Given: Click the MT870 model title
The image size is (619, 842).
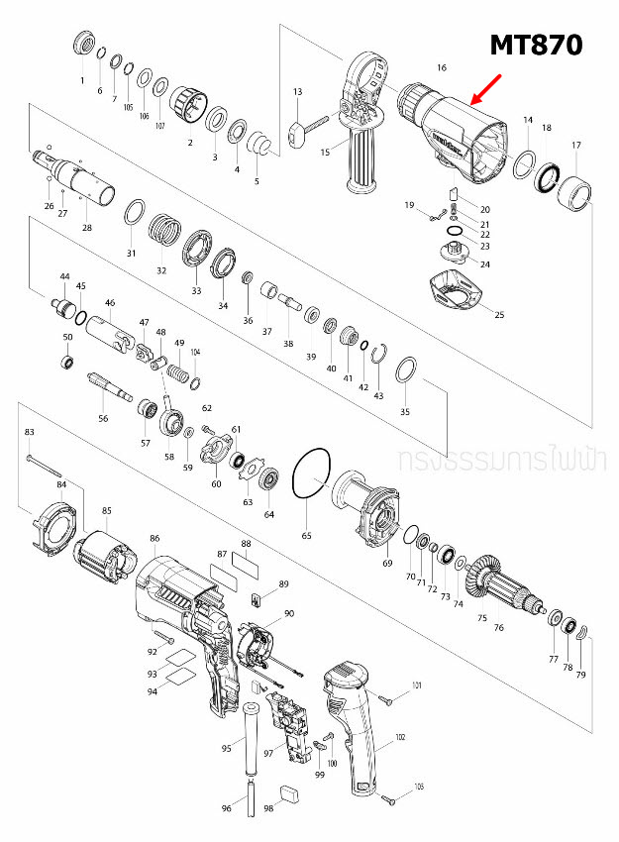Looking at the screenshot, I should pyautogui.click(x=536, y=45).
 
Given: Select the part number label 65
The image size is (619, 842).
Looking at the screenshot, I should pyautogui.click(x=306, y=535).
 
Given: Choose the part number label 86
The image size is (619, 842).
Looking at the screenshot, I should pyautogui.click(x=155, y=538).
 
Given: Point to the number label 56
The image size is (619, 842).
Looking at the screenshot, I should pyautogui.click(x=103, y=419).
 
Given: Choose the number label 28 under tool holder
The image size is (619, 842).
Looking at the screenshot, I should pyautogui.click(x=87, y=228).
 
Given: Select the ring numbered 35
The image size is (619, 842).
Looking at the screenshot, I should pyautogui.click(x=405, y=373).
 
